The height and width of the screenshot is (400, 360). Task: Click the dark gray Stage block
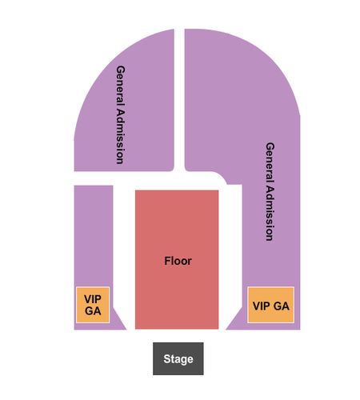click(178, 358)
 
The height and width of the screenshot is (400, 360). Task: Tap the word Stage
click(178, 359)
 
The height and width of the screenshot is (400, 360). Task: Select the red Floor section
click(177, 259)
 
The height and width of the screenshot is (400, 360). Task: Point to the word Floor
click(178, 261)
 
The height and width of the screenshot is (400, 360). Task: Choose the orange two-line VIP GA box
click(93, 305)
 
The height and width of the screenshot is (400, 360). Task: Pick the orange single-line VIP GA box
click(271, 305)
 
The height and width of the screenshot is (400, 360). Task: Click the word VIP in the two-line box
click(93, 299)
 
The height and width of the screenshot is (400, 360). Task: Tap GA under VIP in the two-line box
click(93, 310)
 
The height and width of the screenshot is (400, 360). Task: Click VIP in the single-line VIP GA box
click(262, 306)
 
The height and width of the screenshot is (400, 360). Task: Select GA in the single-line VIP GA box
click(281, 306)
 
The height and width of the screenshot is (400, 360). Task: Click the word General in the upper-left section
click(120, 83)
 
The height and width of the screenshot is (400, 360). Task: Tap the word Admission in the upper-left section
click(120, 134)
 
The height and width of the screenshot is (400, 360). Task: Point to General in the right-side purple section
click(270, 160)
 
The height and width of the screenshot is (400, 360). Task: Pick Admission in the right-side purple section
click(270, 210)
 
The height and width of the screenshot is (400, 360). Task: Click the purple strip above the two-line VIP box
click(94, 236)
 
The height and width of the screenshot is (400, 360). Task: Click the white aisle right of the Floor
click(230, 256)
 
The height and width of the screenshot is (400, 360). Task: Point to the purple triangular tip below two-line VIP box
click(118, 324)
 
